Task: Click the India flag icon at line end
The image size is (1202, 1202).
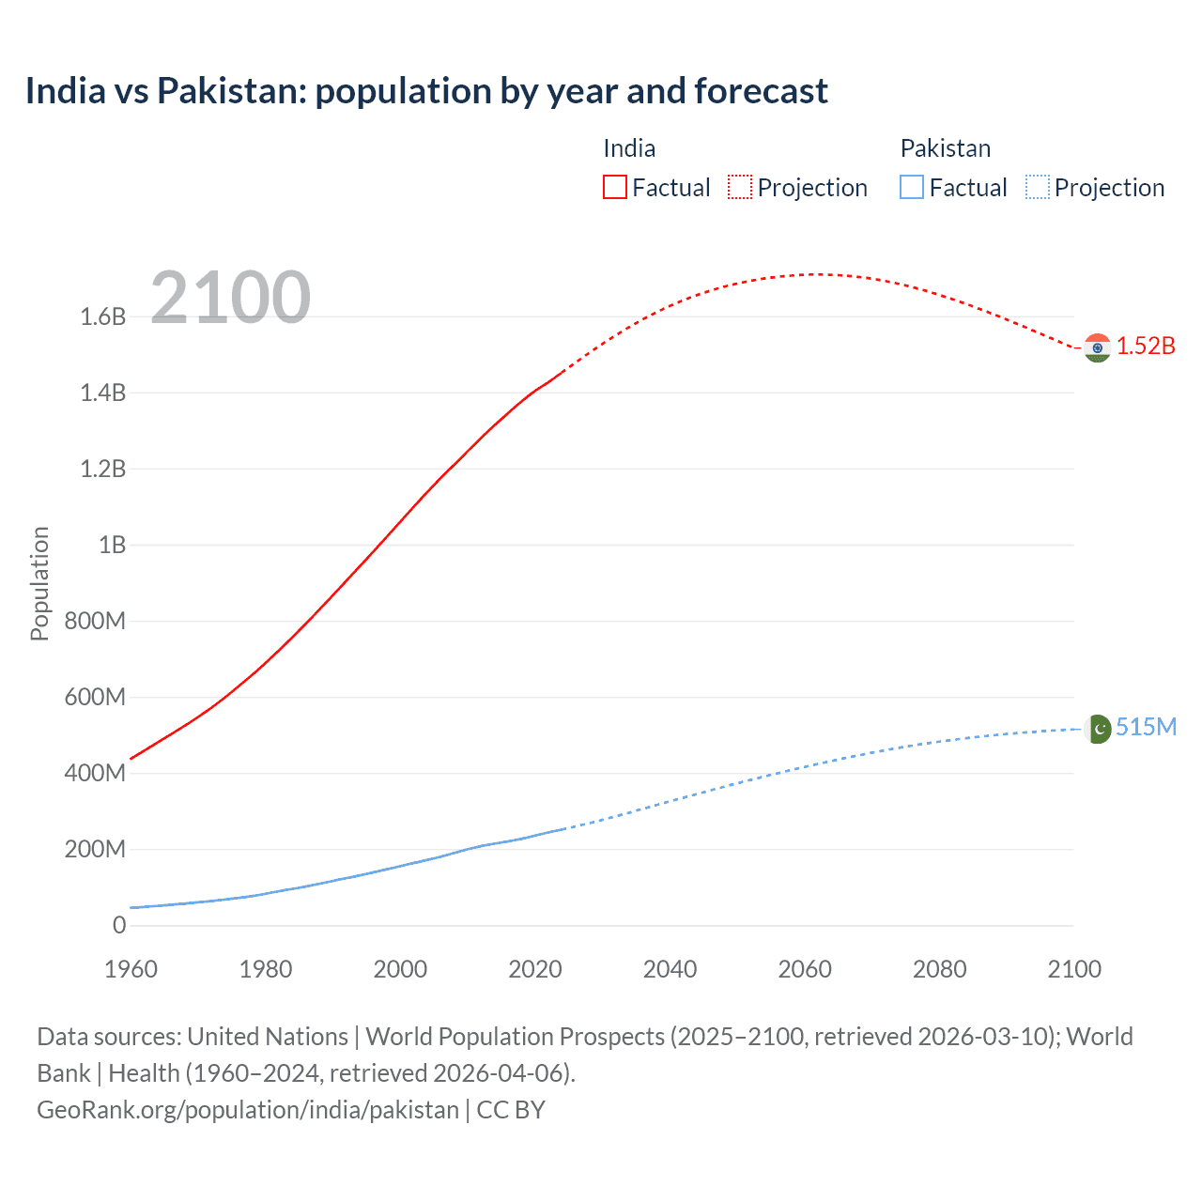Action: coord(1097,347)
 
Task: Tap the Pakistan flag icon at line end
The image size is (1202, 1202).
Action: coord(1097,729)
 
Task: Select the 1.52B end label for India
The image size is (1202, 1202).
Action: coord(1146,347)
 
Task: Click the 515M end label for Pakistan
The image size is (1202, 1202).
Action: coord(1146,728)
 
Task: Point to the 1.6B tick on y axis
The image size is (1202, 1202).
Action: coord(102,316)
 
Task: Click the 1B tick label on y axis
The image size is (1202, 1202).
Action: coord(112,545)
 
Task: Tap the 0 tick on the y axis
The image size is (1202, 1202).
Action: coord(119,926)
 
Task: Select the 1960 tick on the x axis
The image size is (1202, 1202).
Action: coord(131,969)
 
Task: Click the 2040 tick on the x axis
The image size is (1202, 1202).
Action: coord(670,969)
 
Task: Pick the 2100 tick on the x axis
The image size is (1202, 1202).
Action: coord(1074,969)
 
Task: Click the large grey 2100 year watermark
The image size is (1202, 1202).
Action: coord(230,298)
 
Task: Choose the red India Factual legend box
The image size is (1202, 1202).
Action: coord(614,188)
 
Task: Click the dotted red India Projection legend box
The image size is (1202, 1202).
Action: coord(740,188)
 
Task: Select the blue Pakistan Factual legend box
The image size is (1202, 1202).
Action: coord(912,188)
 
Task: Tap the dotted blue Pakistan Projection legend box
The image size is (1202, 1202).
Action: coord(1038,188)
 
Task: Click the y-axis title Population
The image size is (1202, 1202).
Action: coord(39,583)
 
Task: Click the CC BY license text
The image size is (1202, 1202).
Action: coord(511,1110)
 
